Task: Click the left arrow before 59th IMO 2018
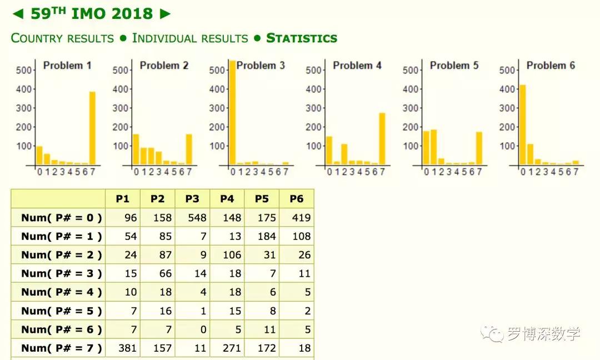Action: (x=17, y=14)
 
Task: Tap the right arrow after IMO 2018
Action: (x=165, y=14)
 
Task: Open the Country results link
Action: (x=62, y=38)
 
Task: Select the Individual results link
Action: (x=190, y=38)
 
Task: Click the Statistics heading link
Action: (x=302, y=38)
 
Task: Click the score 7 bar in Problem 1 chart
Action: (x=92, y=128)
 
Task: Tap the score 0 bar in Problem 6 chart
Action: (x=522, y=125)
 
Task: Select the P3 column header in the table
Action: (x=192, y=199)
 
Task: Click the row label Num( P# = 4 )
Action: (x=62, y=292)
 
